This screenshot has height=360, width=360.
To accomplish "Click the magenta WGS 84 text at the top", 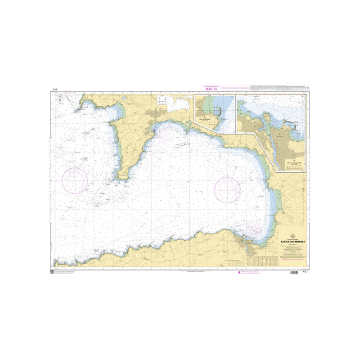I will (211, 89).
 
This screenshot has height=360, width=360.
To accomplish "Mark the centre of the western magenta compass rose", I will (75, 180).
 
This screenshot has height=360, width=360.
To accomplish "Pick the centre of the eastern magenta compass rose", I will (228, 189).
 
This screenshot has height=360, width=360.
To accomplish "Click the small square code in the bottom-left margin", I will (52, 273).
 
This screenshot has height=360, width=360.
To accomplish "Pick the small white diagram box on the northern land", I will (180, 103).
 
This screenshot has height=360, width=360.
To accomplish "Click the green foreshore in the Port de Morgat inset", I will (206, 106).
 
